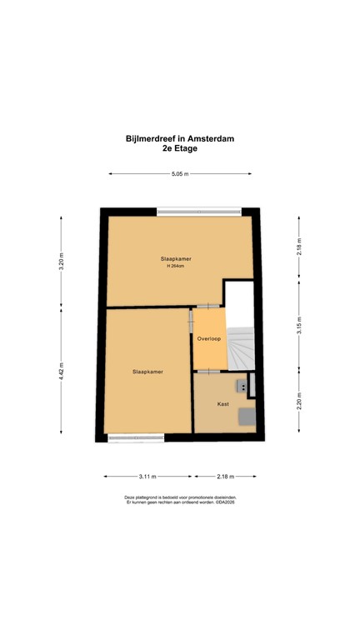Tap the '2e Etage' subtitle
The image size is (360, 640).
coord(180,149)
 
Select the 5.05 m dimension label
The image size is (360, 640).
coord(180,174)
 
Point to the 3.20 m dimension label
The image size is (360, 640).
coord(61,261)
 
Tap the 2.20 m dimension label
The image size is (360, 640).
coord(299,401)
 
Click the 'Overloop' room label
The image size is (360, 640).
coord(208,339)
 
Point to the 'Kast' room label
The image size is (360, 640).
coord(222,403)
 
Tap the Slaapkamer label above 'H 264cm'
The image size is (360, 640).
coord(176,259)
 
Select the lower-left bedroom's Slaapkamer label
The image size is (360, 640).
coord(147,372)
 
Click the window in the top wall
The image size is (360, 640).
coord(197,212)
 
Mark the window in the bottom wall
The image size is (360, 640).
coord(136,437)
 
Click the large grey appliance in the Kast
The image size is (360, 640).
coord(247,416)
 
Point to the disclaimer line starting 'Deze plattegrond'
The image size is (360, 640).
coord(180,497)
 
